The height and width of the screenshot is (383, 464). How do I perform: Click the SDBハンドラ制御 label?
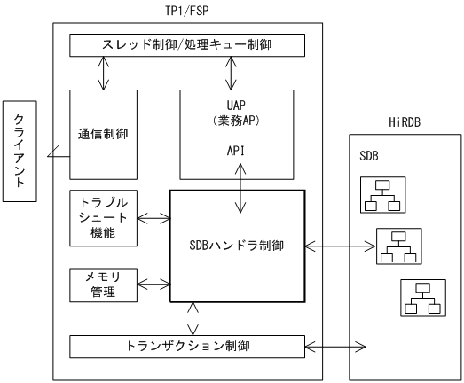(x=237, y=246)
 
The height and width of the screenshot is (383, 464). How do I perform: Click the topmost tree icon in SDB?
(x=381, y=195)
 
